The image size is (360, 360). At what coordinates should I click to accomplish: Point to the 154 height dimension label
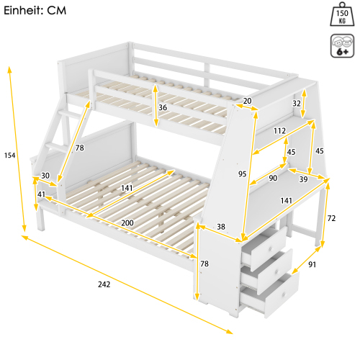9,156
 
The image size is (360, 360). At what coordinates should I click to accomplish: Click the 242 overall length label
104,284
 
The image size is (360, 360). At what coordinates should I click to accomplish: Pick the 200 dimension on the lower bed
127,223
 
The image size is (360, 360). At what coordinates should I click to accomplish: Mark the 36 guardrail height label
163,108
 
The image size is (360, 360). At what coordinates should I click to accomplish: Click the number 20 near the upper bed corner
247,101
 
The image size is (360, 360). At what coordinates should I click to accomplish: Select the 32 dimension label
297,103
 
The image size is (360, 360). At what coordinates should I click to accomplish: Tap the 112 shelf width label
280,130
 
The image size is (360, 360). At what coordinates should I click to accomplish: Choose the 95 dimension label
243,174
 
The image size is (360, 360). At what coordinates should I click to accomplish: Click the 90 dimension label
273,178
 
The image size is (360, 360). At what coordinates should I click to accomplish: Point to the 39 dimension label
303,179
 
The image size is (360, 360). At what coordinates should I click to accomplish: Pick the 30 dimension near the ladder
45,175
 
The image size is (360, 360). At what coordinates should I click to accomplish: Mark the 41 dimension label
41,194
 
